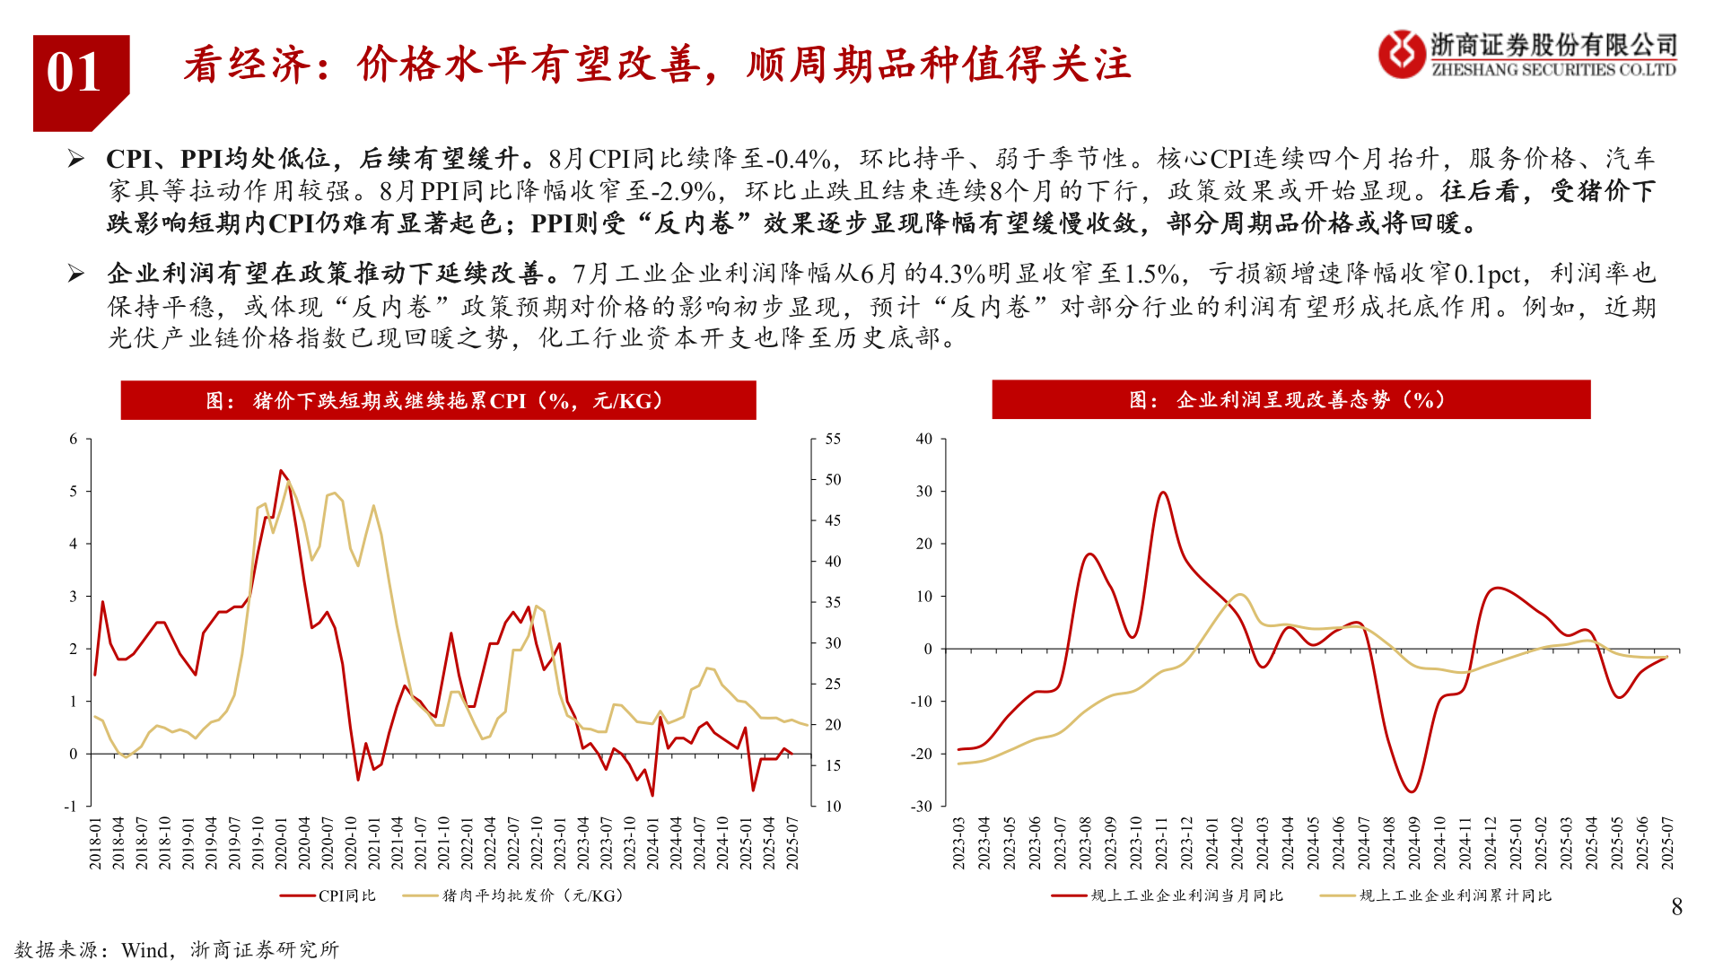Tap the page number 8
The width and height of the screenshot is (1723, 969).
click(x=1676, y=907)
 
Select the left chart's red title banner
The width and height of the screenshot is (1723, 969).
click(x=438, y=400)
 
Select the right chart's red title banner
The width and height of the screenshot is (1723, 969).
click(x=1290, y=399)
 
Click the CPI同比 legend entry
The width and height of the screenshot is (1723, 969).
click(x=328, y=895)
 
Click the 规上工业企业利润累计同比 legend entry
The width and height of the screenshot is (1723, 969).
click(x=1437, y=895)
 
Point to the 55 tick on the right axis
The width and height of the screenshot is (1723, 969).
click(x=833, y=439)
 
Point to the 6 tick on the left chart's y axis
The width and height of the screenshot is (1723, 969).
click(x=74, y=439)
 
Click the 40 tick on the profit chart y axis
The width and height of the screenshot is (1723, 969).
click(x=923, y=439)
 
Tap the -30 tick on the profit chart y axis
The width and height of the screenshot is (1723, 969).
click(x=922, y=806)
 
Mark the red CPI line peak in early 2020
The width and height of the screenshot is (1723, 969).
click(x=281, y=470)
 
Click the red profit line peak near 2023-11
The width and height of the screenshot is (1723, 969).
click(x=1163, y=492)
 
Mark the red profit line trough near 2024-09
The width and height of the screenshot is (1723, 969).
click(x=1412, y=791)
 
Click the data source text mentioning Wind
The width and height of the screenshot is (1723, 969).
click(x=177, y=949)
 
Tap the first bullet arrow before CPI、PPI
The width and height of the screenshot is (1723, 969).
click(x=76, y=160)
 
